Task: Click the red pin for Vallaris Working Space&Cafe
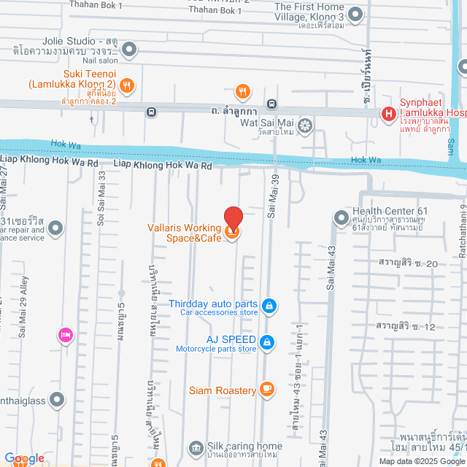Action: coord(233,220)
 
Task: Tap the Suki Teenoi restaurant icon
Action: coord(127,85)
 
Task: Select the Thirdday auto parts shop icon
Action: coord(269,306)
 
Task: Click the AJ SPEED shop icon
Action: coord(267,342)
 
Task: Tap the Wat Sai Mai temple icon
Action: coord(304,125)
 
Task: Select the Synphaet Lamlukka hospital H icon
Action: coord(389,114)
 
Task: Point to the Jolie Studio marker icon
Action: coord(129,50)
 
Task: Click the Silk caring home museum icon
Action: coord(196,447)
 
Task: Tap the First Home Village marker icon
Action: coord(355,14)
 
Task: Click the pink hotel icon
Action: coord(65,335)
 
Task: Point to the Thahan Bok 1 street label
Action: coord(215,10)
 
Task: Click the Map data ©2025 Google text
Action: coord(421,461)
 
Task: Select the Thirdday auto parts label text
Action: coord(213,304)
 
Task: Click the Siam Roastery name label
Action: coord(223,391)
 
